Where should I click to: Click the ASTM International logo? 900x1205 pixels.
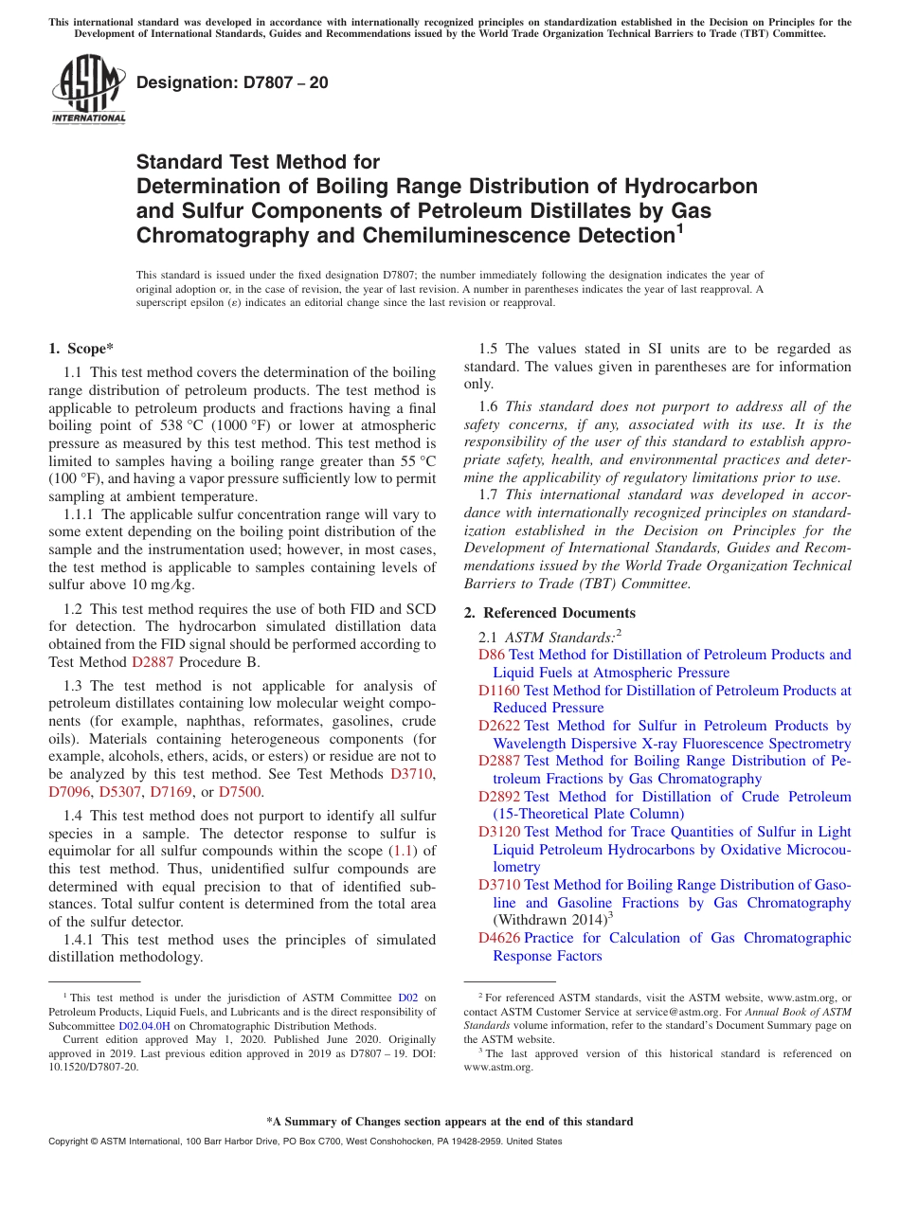click(x=88, y=90)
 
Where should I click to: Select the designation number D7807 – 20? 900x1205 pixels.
click(x=233, y=82)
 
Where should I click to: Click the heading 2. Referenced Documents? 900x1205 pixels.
click(x=549, y=613)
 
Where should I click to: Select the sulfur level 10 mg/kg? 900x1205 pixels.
click(x=165, y=585)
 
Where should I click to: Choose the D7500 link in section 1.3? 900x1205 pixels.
click(x=240, y=792)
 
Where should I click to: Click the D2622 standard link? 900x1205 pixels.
click(x=499, y=726)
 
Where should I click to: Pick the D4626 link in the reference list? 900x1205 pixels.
click(x=499, y=938)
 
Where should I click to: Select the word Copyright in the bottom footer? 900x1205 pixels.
click(x=70, y=1142)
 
